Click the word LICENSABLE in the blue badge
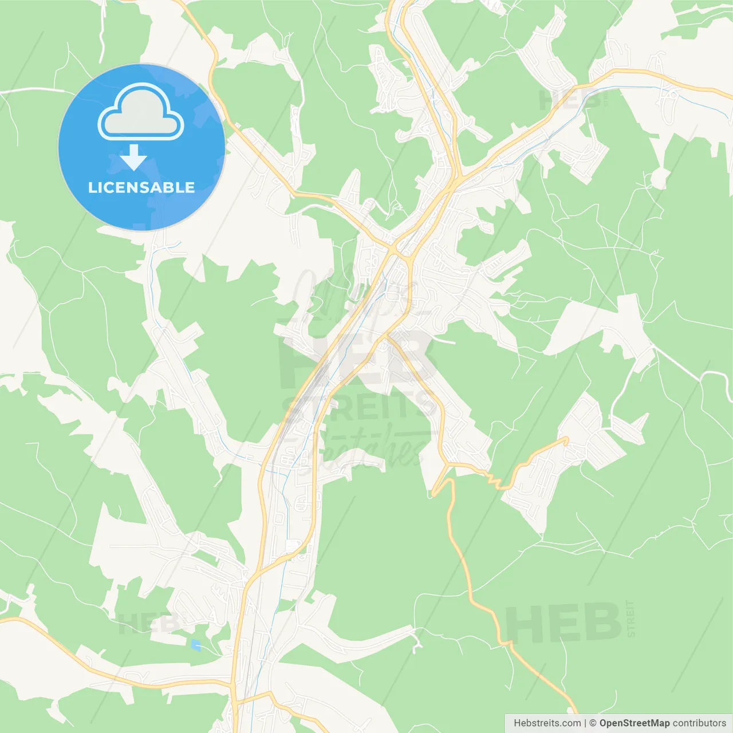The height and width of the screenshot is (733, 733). pyautogui.click(x=141, y=187)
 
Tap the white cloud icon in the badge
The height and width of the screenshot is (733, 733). pyautogui.click(x=141, y=113)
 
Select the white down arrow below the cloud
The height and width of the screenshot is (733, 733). pyautogui.click(x=133, y=157)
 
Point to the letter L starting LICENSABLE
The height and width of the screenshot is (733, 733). pyautogui.click(x=92, y=187)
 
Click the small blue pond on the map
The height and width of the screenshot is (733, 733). pyautogui.click(x=196, y=645)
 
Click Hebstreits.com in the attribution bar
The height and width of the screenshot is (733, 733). pyautogui.click(x=547, y=723)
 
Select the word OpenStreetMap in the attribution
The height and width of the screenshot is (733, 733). pyautogui.click(x=635, y=723)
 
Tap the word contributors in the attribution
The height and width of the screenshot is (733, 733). pyautogui.click(x=699, y=723)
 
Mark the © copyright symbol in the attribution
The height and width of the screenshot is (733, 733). pyautogui.click(x=593, y=723)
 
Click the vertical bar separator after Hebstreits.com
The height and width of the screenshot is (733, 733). pyautogui.click(x=585, y=723)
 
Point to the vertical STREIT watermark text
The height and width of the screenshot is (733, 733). pyautogui.click(x=630, y=618)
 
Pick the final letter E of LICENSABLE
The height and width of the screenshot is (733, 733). pyautogui.click(x=190, y=187)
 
